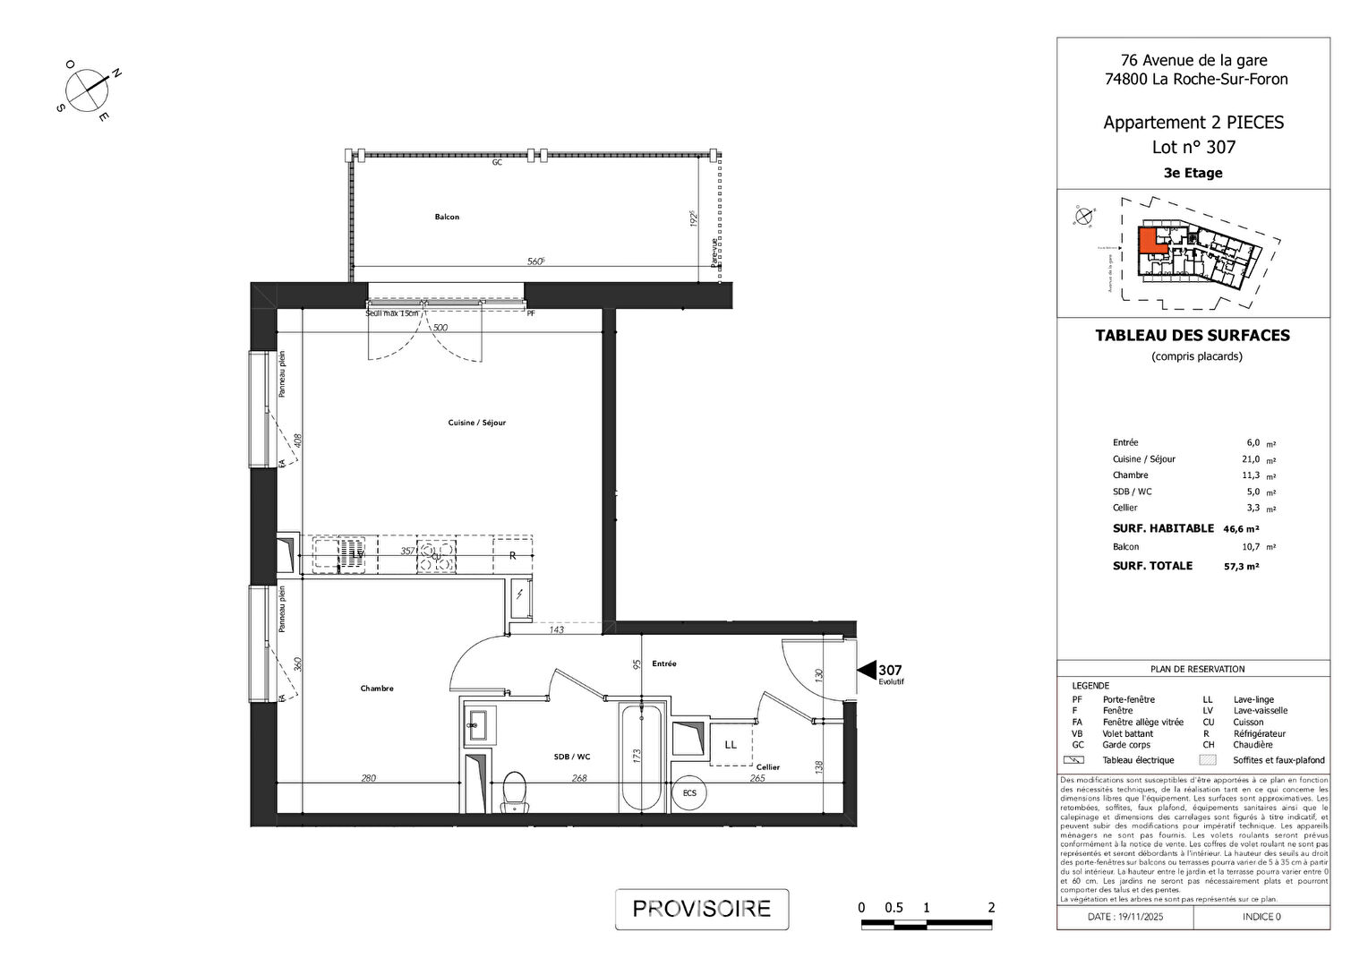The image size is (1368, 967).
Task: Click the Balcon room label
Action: click(447, 217)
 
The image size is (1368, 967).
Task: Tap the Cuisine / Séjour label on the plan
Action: click(476, 423)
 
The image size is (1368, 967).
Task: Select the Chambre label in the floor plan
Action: click(377, 689)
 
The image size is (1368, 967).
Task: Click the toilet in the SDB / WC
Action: click(514, 792)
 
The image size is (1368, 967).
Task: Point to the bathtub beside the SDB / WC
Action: click(641, 757)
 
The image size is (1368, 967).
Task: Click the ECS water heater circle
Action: click(689, 793)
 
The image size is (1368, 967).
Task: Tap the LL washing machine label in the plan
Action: click(731, 744)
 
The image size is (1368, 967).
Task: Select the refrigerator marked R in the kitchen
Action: click(512, 555)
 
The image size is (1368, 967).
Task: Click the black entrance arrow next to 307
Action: click(866, 670)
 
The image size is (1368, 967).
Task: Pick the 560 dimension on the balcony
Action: click(535, 261)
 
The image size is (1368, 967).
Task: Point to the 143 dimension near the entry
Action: click(556, 630)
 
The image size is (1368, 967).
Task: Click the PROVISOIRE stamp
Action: click(701, 909)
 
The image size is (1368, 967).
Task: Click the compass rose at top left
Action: click(88, 90)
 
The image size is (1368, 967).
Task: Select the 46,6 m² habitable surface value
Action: click(1241, 529)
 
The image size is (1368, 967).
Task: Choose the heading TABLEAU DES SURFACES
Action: click(1193, 336)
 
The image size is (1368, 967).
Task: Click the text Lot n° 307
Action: click(1193, 148)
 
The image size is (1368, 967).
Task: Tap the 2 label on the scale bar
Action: click(991, 908)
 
